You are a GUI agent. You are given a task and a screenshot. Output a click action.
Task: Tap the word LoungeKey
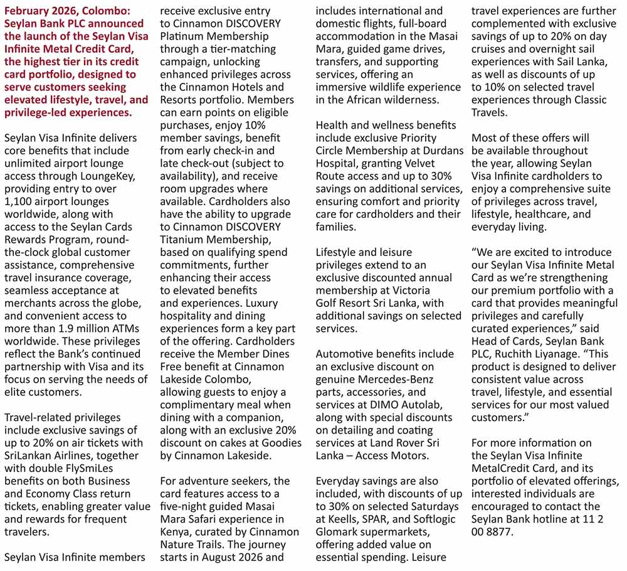click(105, 176)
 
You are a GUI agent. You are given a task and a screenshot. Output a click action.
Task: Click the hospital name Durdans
click(443, 151)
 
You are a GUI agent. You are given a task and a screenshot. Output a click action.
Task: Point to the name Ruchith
click(520, 354)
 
